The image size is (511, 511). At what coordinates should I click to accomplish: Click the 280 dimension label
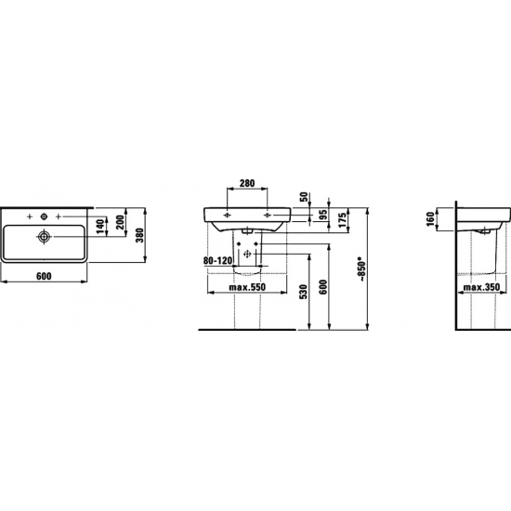click(x=247, y=183)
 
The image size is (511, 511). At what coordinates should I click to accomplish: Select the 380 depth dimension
click(x=139, y=235)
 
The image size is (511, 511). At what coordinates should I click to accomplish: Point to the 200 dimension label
click(x=120, y=222)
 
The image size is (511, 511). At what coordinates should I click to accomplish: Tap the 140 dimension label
click(x=100, y=227)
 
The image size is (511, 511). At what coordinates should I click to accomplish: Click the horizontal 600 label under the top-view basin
click(x=44, y=276)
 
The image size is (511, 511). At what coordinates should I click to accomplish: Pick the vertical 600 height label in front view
click(x=322, y=287)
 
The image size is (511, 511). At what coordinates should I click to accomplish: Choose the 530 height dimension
click(x=303, y=292)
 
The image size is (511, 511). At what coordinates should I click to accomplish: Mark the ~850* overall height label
click(x=361, y=270)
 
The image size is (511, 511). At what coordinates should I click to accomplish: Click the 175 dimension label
click(x=342, y=220)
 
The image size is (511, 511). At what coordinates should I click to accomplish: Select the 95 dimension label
click(x=322, y=215)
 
